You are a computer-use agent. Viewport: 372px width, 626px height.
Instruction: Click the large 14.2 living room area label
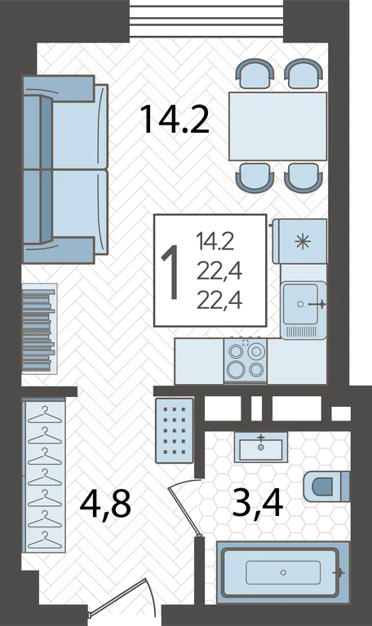click(175, 118)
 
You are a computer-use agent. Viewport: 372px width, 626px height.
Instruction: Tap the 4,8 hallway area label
click(105, 505)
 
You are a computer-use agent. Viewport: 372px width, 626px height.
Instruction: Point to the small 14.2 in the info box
click(215, 242)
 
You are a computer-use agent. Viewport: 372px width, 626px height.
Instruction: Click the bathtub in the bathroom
click(283, 572)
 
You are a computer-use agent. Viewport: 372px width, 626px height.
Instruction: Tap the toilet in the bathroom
click(326, 487)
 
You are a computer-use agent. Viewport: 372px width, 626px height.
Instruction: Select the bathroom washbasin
click(261, 447)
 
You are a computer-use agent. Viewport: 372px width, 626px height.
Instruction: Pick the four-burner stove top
click(246, 361)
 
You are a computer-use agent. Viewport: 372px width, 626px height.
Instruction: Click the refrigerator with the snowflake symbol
click(302, 241)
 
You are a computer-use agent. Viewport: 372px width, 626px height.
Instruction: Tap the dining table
click(277, 126)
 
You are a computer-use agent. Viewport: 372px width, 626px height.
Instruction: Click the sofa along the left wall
click(65, 170)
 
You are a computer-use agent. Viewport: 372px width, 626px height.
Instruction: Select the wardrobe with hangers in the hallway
click(44, 475)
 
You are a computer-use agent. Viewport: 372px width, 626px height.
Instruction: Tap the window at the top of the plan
click(206, 20)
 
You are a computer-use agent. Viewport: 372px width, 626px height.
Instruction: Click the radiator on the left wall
click(39, 328)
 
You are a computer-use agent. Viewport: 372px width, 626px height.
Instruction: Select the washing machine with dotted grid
click(175, 430)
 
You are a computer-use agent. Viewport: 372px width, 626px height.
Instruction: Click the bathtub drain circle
click(283, 572)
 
